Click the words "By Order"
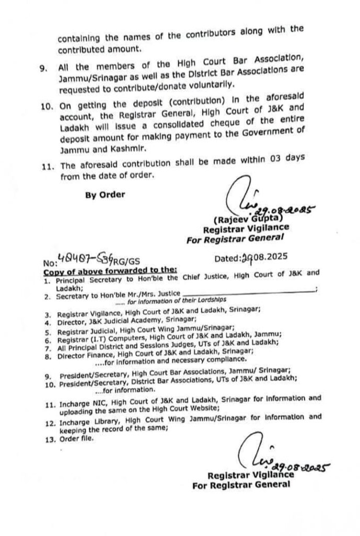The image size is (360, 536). coord(105,195)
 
